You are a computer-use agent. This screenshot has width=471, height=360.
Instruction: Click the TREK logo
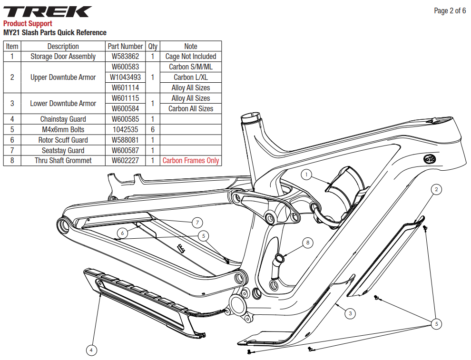point(47,11)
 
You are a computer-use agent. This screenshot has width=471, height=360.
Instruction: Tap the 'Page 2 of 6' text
point(450,10)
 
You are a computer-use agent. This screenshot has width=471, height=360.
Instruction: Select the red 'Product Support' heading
point(28,24)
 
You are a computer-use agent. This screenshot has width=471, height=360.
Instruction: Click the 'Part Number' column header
point(125,46)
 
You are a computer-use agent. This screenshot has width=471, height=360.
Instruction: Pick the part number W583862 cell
point(125,57)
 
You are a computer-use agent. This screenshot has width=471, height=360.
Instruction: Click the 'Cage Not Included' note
point(191,57)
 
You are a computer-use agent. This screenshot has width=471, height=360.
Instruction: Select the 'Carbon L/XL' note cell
point(191,77)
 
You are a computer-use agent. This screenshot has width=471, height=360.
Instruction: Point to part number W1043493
point(125,77)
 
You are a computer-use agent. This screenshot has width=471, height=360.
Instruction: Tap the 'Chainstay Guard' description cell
point(63,119)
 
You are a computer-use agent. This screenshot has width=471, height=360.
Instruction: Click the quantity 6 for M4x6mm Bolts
point(153,129)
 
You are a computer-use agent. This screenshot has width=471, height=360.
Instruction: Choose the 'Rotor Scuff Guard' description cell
point(63,140)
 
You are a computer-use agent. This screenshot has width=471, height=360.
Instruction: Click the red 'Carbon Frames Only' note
point(191,161)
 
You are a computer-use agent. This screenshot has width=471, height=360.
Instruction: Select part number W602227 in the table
point(125,161)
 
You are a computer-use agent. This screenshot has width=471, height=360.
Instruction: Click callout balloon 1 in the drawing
point(307,175)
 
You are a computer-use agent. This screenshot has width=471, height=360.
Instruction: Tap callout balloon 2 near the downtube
point(436,190)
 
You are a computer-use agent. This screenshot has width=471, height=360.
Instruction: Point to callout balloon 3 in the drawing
point(350,313)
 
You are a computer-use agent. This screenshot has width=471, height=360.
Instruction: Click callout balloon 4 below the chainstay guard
point(92,350)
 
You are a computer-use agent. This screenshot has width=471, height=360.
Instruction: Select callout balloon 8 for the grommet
point(308,243)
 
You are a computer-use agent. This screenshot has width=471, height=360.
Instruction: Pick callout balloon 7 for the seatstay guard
point(197,222)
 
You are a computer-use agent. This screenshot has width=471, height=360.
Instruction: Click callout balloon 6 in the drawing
point(123,233)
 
